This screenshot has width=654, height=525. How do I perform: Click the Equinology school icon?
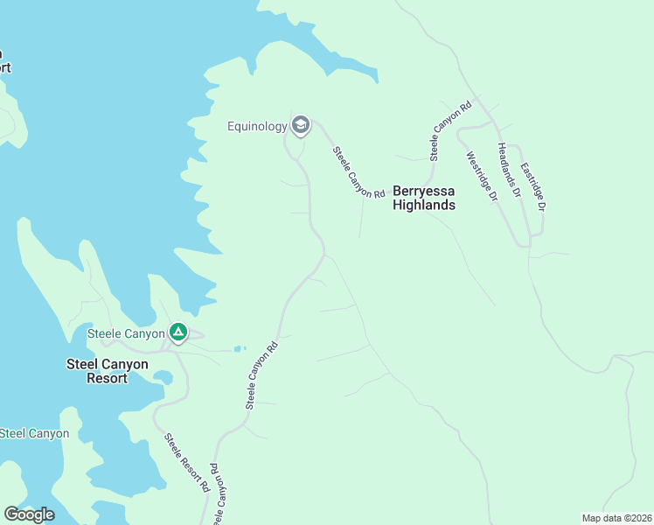(301, 126)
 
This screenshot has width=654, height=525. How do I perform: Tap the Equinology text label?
(257, 127)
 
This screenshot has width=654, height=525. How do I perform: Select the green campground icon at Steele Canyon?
(177, 332)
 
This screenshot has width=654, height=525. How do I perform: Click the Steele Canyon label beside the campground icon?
(126, 333)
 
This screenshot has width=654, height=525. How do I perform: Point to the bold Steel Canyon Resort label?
(108, 371)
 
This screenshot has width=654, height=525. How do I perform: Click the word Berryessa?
(424, 190)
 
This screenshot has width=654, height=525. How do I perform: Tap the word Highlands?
(424, 206)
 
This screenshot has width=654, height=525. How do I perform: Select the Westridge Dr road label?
(482, 178)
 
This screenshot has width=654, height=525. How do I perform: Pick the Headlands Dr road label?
(509, 169)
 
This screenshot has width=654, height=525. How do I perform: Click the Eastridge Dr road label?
(532, 186)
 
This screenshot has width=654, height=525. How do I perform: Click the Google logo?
(29, 514)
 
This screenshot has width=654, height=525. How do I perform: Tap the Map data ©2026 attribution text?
(616, 518)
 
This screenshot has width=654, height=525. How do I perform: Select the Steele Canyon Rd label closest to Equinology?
(358, 172)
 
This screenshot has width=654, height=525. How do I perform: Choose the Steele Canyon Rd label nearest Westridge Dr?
(450, 130)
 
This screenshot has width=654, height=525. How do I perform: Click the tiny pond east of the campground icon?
(239, 348)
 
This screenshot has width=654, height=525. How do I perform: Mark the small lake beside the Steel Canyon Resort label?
(163, 377)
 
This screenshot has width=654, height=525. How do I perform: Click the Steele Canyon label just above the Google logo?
(35, 433)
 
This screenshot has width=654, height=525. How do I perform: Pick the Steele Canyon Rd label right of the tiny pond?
(261, 374)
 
